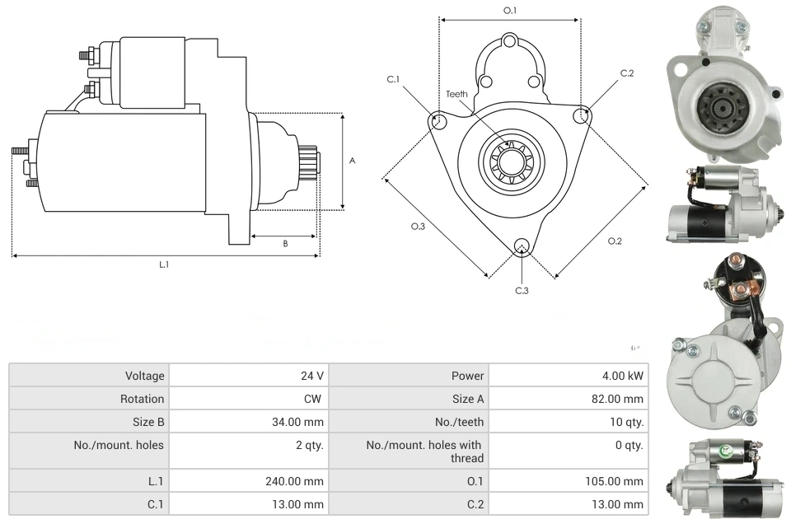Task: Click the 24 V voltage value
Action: [x=311, y=376]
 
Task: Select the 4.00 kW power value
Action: [x=623, y=376]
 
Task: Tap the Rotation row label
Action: [x=144, y=399]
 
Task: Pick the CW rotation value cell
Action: [x=316, y=399]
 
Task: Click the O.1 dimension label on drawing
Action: [x=510, y=11]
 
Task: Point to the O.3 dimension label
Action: [x=418, y=227]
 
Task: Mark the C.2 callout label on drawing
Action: [x=627, y=73]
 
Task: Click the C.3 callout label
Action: [x=522, y=290]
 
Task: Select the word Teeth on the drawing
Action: [x=456, y=94]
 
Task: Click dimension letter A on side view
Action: [x=352, y=161]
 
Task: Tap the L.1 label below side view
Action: [x=164, y=264]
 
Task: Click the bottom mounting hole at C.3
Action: [x=521, y=246]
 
